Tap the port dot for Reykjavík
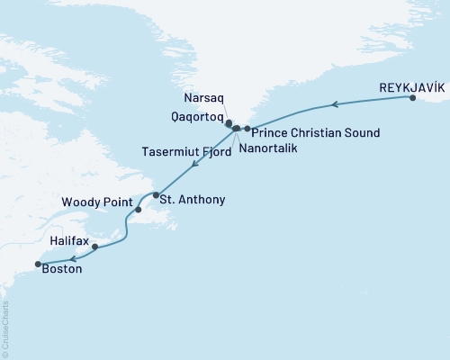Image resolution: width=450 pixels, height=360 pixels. tap(413, 99)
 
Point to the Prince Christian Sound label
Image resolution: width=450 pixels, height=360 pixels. tap(315, 133)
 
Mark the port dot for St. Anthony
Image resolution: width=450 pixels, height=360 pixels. tap(156, 195)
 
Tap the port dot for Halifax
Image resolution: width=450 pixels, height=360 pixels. tap(94, 246)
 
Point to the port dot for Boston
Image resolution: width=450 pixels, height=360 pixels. tap(38, 264)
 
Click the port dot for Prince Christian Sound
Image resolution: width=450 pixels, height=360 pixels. tap(247, 129)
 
